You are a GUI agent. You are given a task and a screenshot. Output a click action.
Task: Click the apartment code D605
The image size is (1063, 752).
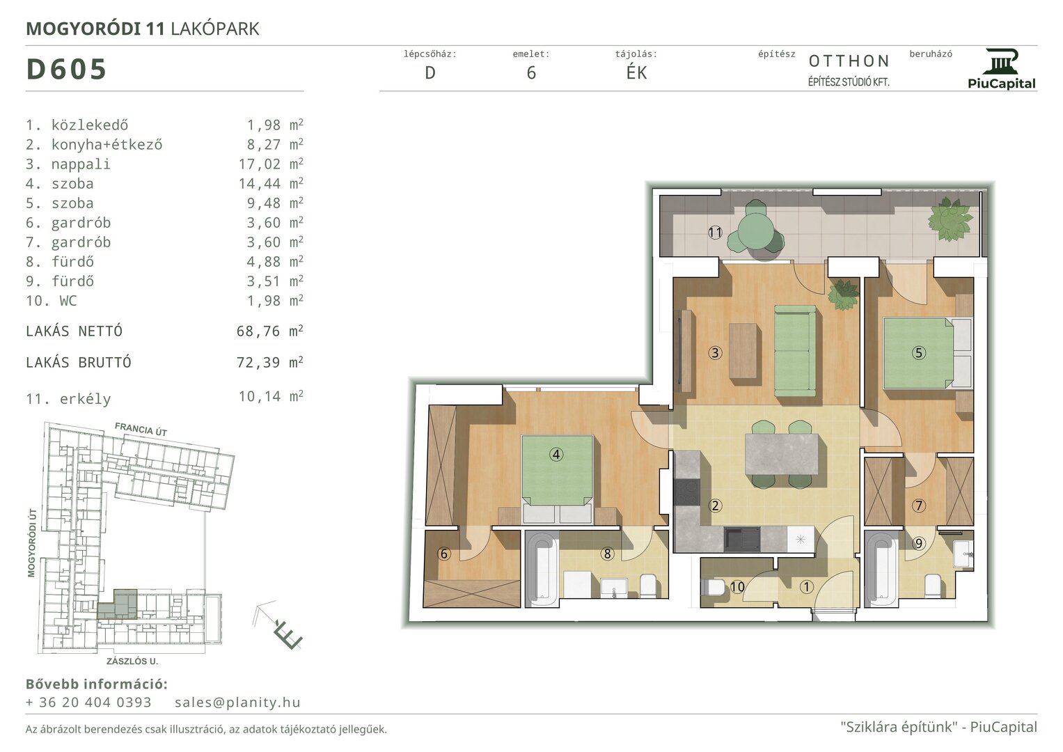click(x=66, y=69)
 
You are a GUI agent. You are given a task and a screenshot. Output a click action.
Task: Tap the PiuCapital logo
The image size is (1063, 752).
click(x=1002, y=69)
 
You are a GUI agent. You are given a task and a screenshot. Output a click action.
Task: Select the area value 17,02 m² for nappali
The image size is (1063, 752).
click(x=271, y=164)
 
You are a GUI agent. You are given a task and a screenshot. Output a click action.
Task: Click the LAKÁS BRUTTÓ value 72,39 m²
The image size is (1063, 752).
click(x=269, y=362)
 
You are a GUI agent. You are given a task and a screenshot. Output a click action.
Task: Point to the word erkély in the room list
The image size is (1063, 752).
click(x=85, y=399)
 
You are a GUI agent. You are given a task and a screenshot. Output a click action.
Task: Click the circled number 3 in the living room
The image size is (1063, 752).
click(x=715, y=353)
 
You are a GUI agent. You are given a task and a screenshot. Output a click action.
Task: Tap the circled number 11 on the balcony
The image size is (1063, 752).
click(x=715, y=233)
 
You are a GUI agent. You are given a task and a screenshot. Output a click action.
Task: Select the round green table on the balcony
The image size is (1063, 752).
click(x=755, y=230)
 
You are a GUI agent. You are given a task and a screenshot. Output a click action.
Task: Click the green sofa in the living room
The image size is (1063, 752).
click(x=795, y=351)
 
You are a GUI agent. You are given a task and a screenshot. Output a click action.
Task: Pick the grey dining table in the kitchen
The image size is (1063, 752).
click(x=782, y=454)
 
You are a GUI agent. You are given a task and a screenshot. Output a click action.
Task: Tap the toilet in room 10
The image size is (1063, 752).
click(x=714, y=588)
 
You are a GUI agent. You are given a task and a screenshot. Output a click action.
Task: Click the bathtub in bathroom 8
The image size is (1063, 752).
click(x=542, y=568)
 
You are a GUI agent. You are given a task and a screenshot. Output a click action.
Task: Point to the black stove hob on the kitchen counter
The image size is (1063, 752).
click(x=686, y=492)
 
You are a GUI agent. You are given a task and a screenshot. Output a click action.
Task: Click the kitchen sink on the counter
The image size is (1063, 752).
click(x=741, y=539)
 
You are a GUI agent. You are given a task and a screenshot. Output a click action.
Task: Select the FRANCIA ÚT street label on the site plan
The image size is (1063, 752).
click(x=141, y=429)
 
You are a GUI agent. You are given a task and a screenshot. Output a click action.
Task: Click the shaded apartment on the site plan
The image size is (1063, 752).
click(x=118, y=604)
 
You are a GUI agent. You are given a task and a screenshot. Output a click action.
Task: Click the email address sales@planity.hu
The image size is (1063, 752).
click(x=237, y=702)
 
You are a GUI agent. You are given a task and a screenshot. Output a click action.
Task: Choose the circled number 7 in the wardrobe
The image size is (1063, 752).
click(x=919, y=506)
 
